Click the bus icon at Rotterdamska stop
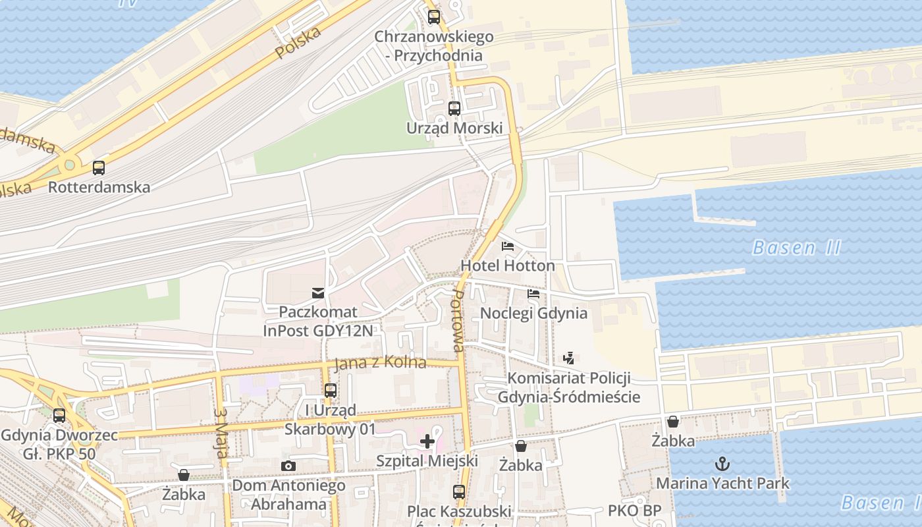[99, 168]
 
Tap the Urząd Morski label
[454, 128]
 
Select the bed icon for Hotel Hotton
[508, 247]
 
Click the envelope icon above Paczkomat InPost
[318, 292]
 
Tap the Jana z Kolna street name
[380, 363]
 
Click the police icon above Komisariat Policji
[569, 358]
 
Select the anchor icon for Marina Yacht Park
[722, 464]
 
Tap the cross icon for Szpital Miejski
[427, 441]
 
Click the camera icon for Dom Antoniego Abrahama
[288, 466]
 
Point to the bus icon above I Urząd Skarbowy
[331, 391]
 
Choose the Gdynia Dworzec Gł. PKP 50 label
[59, 445]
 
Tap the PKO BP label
[634, 511]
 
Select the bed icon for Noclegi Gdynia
[533, 293]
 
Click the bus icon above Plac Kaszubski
[459, 491]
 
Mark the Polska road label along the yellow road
[298, 43]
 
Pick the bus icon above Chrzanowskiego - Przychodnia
[433, 17]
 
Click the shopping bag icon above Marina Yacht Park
[673, 422]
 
